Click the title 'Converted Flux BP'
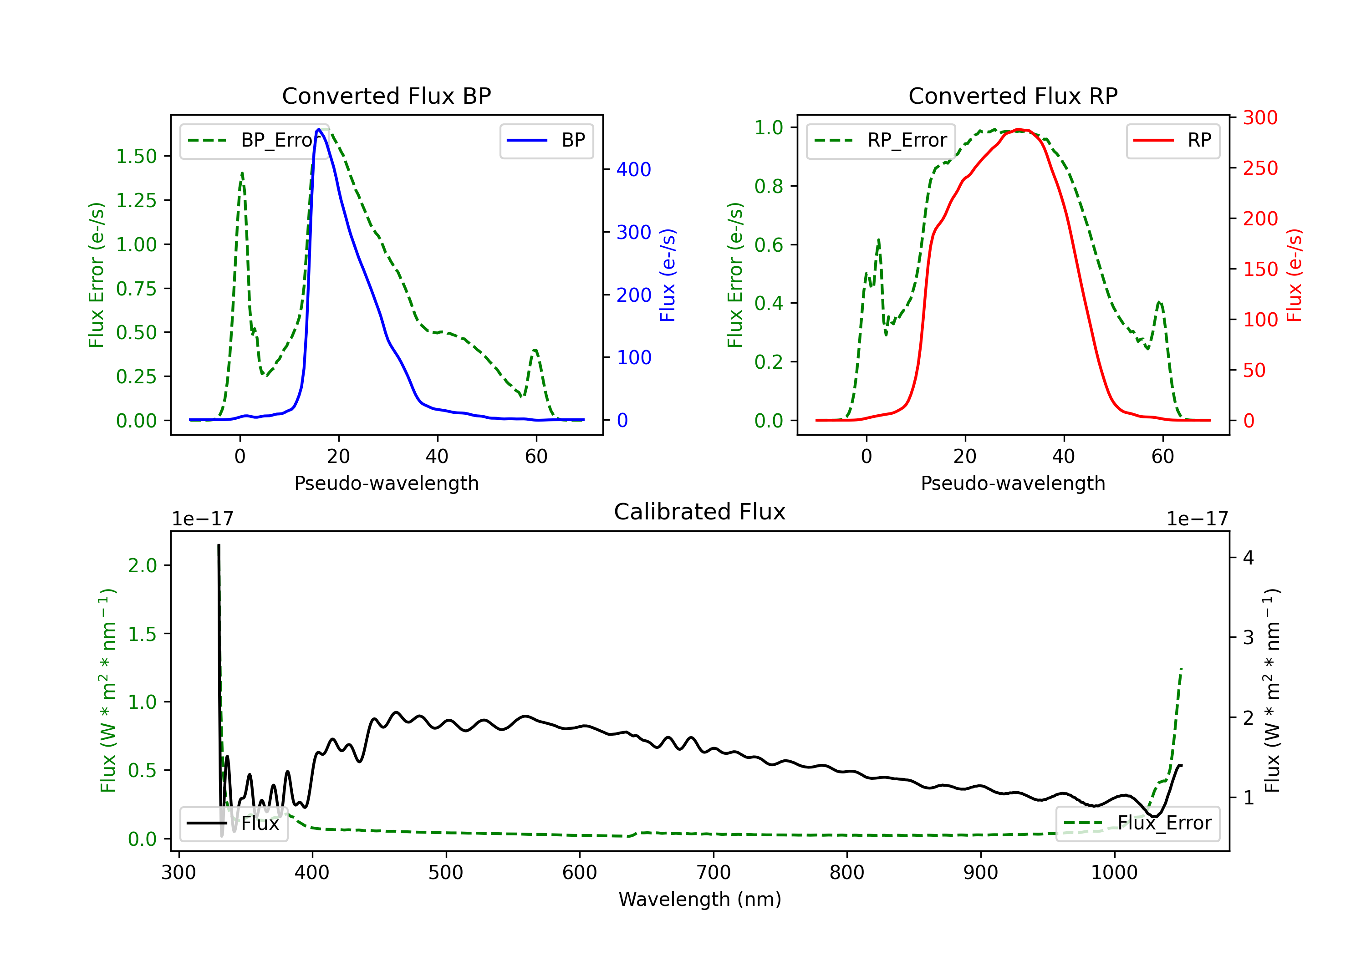click(x=386, y=96)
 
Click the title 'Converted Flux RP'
click(x=1013, y=96)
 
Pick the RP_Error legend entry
click(x=881, y=140)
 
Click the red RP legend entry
click(x=1172, y=140)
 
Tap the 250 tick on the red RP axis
click(x=1260, y=168)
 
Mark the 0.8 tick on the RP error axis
click(x=768, y=186)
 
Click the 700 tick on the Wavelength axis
click(x=713, y=873)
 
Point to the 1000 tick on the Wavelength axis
click(x=1114, y=873)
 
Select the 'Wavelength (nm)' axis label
click(x=700, y=899)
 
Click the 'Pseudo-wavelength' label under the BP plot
click(x=386, y=483)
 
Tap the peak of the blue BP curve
click(x=319, y=129)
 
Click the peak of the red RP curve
click(x=1019, y=129)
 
